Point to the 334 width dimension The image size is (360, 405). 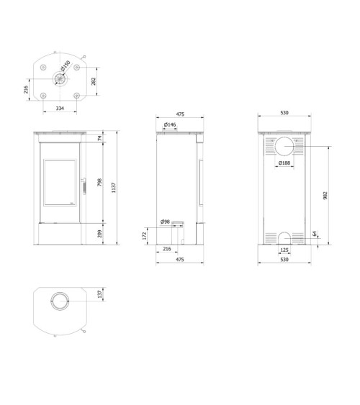(x=60, y=108)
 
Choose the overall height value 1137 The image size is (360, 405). (x=113, y=187)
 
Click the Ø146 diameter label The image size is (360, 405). (x=170, y=125)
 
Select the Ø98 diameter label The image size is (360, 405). (x=165, y=222)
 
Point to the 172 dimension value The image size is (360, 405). (x=145, y=235)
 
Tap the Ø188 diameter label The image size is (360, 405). (x=285, y=163)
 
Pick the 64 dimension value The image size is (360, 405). (x=315, y=234)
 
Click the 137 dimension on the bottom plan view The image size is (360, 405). (x=99, y=293)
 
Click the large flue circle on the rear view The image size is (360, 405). (x=285, y=147)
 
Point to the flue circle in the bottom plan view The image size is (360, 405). (x=60, y=301)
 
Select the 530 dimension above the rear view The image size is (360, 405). (x=284, y=113)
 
